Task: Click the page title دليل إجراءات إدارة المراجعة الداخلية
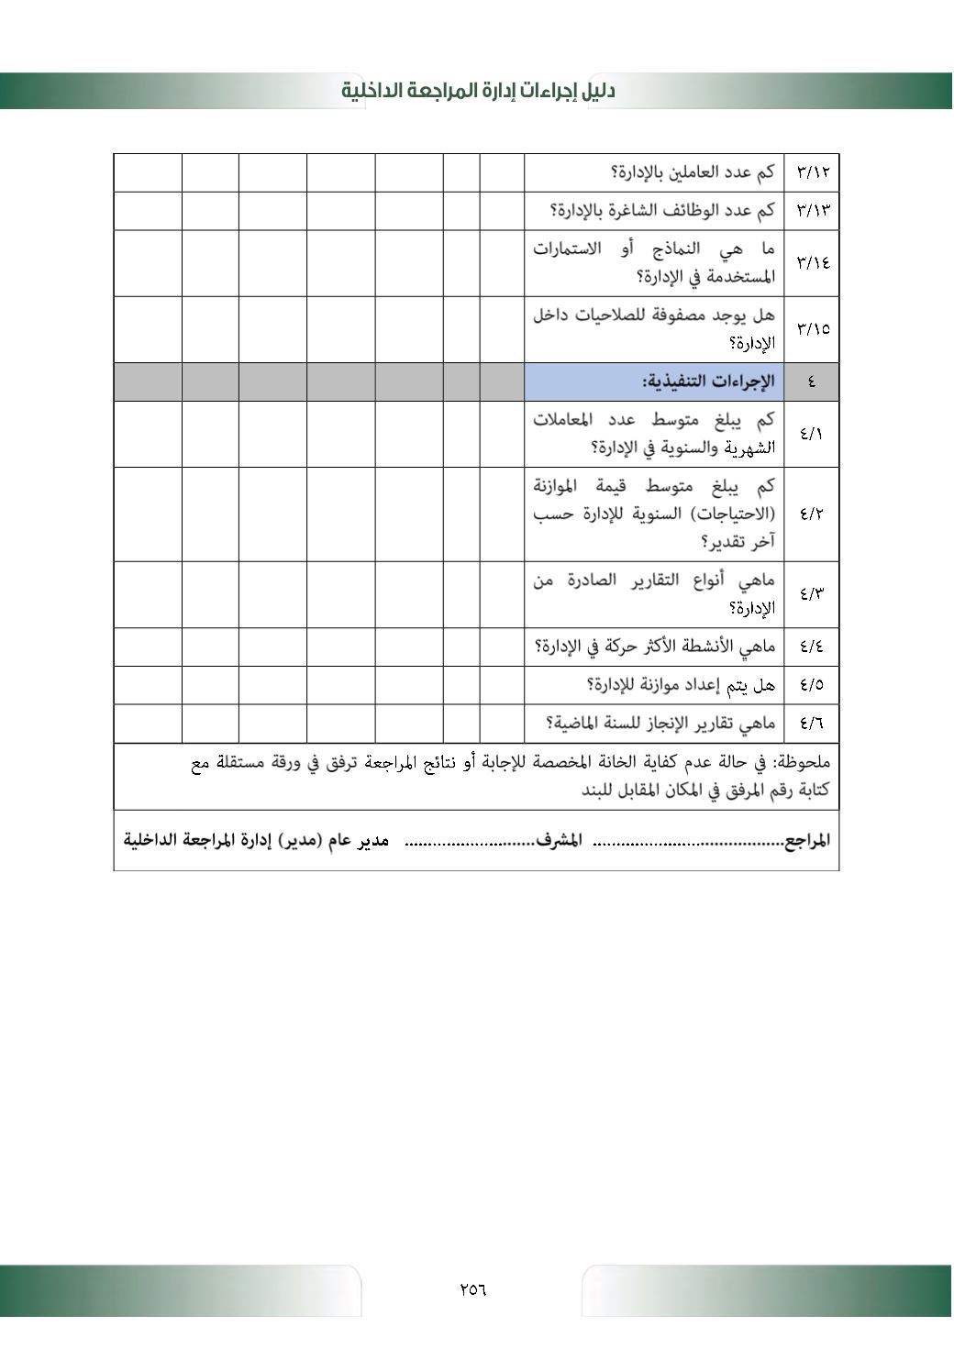(x=478, y=91)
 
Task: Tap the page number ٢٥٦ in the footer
(x=472, y=1288)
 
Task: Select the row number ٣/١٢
(x=812, y=172)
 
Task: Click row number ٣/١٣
(x=812, y=211)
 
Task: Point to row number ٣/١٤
(x=812, y=263)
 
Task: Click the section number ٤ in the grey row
(x=812, y=382)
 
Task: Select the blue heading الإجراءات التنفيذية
(x=707, y=382)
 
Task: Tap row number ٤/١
(x=812, y=434)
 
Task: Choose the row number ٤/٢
(x=812, y=514)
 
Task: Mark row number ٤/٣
(x=812, y=594)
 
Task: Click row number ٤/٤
(x=812, y=647)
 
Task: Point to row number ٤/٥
(x=812, y=685)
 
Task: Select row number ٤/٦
(x=812, y=724)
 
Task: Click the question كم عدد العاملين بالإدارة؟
(x=693, y=172)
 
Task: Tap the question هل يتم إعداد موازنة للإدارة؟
(x=681, y=685)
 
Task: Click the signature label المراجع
(x=807, y=840)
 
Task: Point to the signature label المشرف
(x=559, y=840)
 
